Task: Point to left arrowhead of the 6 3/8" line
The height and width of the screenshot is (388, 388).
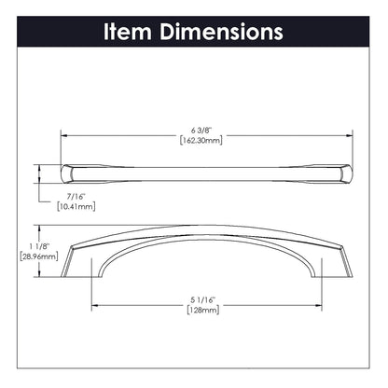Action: [x=65, y=134]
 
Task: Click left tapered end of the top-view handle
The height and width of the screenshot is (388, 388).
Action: [x=70, y=173]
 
